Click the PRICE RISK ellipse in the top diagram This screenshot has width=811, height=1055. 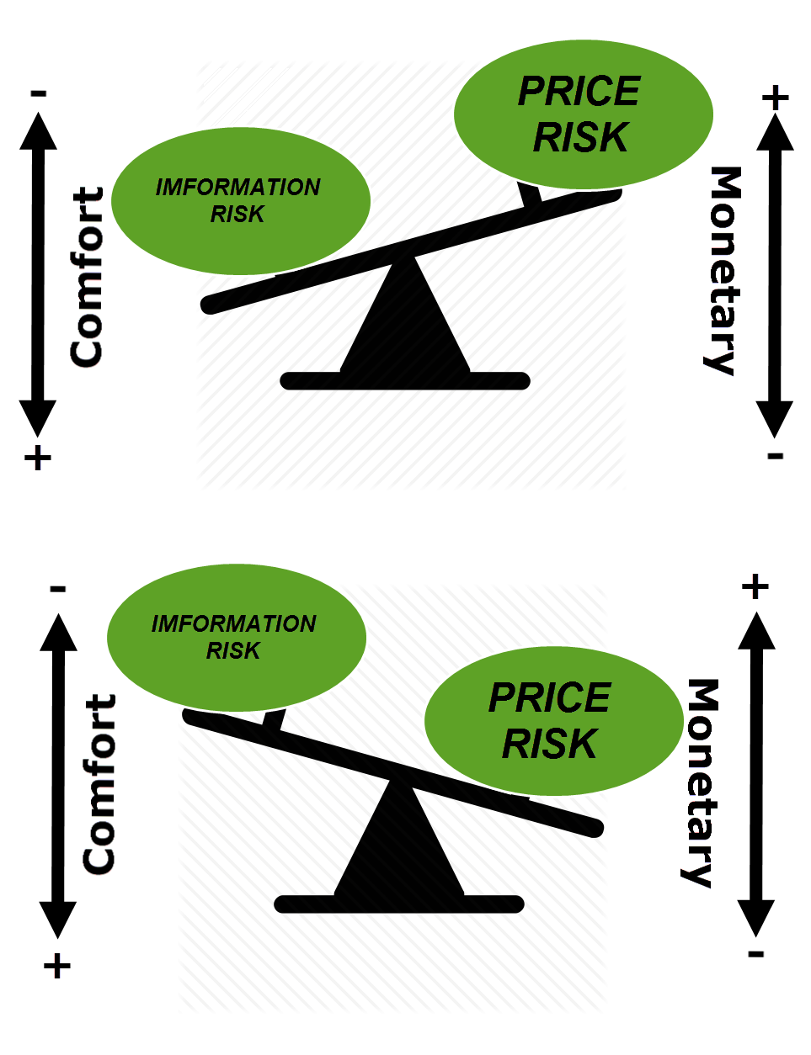(x=583, y=114)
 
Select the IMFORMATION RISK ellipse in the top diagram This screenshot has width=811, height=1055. (x=241, y=201)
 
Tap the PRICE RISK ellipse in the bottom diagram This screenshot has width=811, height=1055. (x=554, y=721)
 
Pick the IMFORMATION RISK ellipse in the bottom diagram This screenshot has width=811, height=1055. (x=236, y=638)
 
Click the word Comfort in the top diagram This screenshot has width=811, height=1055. (x=87, y=277)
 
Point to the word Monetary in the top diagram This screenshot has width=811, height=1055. (x=724, y=271)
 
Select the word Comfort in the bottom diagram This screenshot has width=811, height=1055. (x=99, y=784)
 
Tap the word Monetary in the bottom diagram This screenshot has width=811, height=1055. (x=700, y=783)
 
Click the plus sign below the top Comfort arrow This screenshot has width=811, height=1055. (x=37, y=458)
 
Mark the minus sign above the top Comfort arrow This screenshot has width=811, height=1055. (x=39, y=93)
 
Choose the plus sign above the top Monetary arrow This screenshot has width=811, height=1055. (x=775, y=98)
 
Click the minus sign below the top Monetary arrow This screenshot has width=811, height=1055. (x=775, y=455)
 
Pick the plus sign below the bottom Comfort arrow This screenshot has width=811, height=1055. (x=57, y=966)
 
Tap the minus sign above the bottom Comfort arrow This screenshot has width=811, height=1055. (x=57, y=589)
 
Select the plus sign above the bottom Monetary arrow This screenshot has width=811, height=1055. (x=755, y=586)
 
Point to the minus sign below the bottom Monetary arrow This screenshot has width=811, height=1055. (x=755, y=954)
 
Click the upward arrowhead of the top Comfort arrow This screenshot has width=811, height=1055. (x=38, y=131)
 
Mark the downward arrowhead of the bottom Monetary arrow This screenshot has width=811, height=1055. (x=755, y=918)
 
